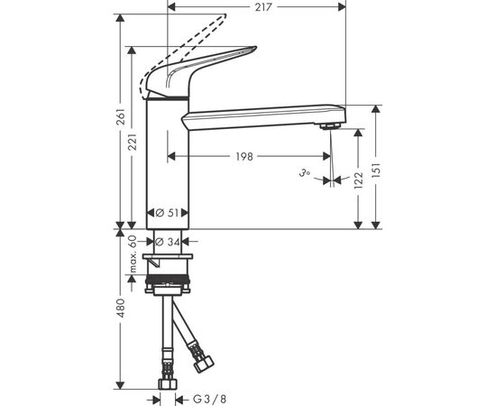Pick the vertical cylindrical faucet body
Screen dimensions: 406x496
pyautogui.click(x=170, y=162)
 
